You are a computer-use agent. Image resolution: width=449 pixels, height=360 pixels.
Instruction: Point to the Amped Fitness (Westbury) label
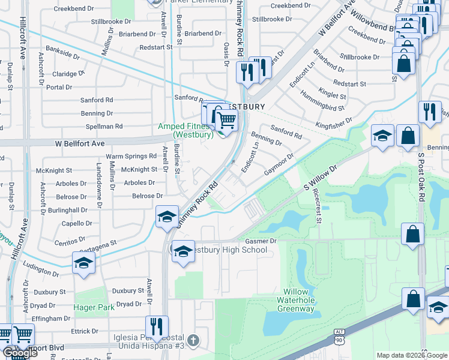[185, 130]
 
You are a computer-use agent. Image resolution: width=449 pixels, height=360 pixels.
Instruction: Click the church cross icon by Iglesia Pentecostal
[192, 340]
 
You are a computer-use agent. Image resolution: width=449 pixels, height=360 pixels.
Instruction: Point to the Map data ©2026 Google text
[411, 355]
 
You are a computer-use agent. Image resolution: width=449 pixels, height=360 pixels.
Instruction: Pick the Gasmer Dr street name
[260, 241]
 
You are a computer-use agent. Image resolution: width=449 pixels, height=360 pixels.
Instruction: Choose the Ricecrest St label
[317, 206]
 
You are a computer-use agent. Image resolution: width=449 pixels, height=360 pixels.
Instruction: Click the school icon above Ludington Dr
[83, 263]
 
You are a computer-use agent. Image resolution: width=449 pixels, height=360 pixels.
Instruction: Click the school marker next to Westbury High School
[182, 251]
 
